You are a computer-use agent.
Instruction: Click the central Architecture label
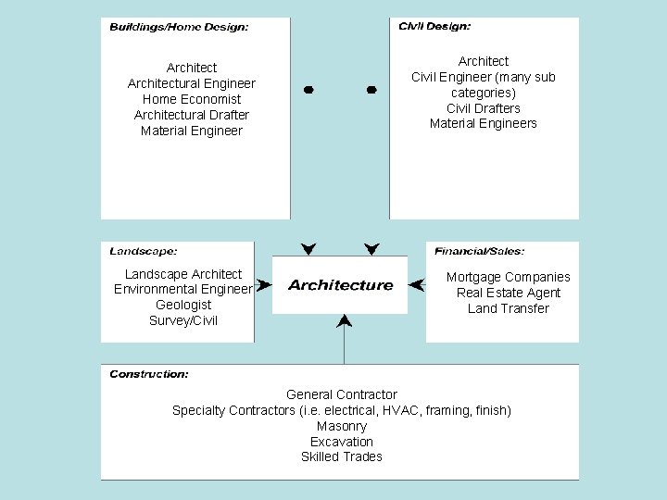click(x=340, y=285)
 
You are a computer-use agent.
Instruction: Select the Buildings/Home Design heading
click(x=179, y=28)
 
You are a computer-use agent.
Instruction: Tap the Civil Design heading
click(x=434, y=27)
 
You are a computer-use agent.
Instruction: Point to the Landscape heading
click(x=144, y=251)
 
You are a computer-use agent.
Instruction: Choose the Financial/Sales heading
click(x=479, y=251)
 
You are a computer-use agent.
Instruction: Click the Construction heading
click(x=149, y=374)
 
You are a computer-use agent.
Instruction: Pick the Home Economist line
click(x=192, y=99)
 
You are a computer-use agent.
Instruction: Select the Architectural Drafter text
click(x=192, y=115)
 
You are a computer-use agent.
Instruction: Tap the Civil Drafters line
click(x=483, y=108)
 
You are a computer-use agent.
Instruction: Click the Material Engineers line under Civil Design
click(x=483, y=123)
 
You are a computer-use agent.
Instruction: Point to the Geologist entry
click(x=183, y=305)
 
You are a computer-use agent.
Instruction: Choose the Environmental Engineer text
click(x=182, y=289)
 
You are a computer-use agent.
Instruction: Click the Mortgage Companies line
click(x=508, y=277)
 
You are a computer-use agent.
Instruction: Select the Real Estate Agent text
click(x=508, y=293)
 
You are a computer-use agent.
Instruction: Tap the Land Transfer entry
click(x=508, y=308)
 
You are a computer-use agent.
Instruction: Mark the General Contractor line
click(x=341, y=394)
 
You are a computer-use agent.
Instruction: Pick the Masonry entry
click(x=341, y=426)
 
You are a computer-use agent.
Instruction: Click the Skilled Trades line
click(x=341, y=456)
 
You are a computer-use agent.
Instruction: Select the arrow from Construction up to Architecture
click(x=344, y=338)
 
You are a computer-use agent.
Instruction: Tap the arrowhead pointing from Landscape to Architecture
click(x=263, y=285)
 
